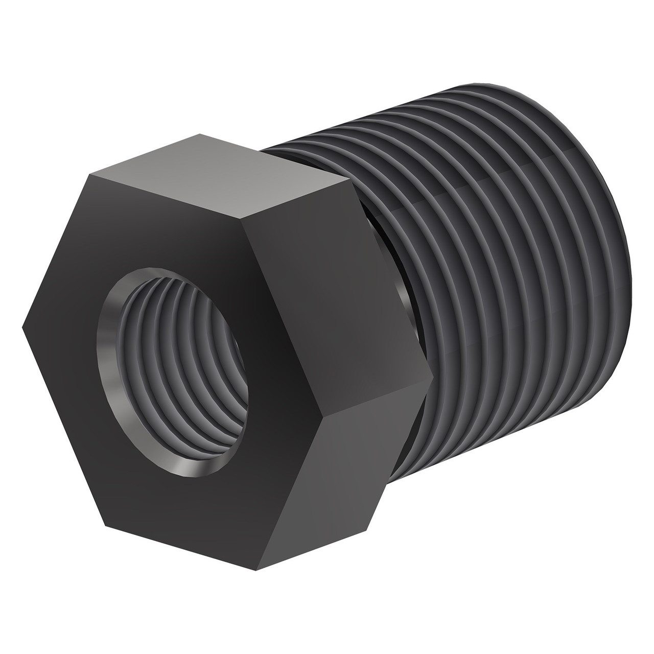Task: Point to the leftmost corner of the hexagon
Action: click(23, 327)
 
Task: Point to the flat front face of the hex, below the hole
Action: click(189, 485)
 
